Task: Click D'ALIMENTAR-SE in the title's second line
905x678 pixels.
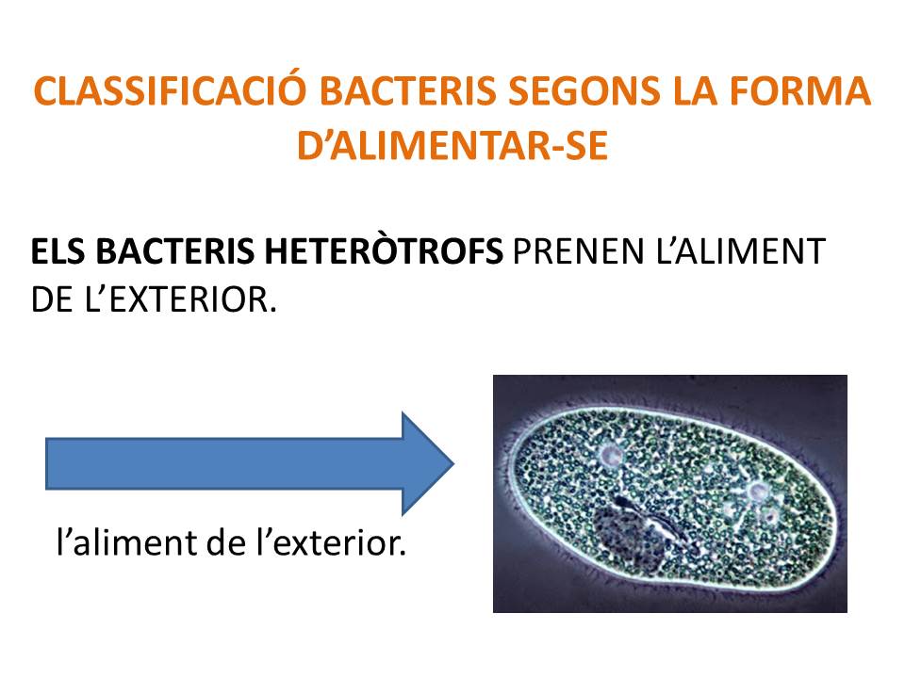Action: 452,145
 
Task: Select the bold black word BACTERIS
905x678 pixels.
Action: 175,252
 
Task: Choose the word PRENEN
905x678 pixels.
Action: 579,252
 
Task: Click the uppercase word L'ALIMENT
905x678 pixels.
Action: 741,252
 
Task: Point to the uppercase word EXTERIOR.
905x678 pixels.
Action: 189,299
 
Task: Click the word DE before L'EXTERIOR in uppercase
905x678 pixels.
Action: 52,299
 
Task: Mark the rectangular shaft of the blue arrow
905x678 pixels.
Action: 224,463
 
